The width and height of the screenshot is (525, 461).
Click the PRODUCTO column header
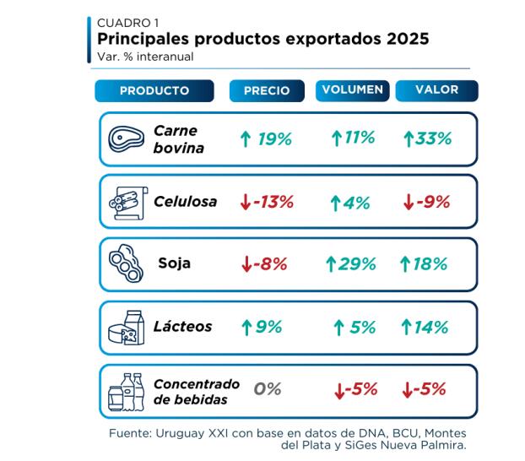tap(154, 91)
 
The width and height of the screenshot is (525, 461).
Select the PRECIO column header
tap(267, 91)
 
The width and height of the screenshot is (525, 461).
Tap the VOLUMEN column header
tap(353, 89)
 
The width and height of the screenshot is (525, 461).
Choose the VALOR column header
tap(436, 89)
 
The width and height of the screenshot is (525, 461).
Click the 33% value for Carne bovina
tap(427, 138)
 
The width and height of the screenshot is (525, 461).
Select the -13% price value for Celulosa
tap(266, 202)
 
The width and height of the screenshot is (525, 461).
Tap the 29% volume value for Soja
tap(350, 264)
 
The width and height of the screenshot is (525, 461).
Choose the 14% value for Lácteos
tap(425, 327)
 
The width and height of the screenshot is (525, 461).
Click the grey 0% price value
tap(268, 389)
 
